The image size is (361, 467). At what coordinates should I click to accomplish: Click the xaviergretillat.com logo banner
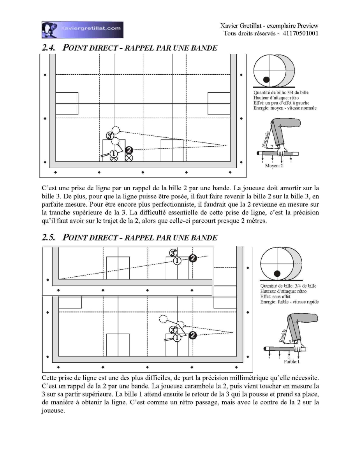point(82,30)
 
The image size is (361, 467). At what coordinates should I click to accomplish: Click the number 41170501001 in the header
point(300,33)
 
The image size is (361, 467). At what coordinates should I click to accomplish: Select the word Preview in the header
point(308,26)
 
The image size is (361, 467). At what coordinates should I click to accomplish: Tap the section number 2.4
point(48,48)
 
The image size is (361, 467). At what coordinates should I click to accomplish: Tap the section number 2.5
point(48,237)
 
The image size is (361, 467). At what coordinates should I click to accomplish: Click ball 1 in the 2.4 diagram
point(113,154)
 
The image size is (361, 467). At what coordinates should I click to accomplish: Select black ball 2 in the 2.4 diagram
point(129,150)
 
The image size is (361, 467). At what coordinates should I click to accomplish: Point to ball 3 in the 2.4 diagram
point(110,135)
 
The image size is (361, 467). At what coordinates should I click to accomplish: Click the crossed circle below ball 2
point(129,158)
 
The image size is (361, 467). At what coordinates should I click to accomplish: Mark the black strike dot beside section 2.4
point(266,79)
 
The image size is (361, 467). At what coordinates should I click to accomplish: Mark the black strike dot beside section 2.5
point(277,274)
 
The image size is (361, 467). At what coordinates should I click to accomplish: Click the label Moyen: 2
point(274,166)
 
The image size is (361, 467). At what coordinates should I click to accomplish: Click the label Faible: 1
point(292,362)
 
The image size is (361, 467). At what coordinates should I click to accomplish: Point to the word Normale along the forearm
point(265,139)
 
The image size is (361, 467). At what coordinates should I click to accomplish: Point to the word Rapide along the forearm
point(283,335)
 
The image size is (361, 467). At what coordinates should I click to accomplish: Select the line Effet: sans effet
point(275,297)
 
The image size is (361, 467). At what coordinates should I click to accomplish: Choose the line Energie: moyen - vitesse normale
point(285,108)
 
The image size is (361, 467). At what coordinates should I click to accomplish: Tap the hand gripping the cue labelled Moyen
point(281,151)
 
